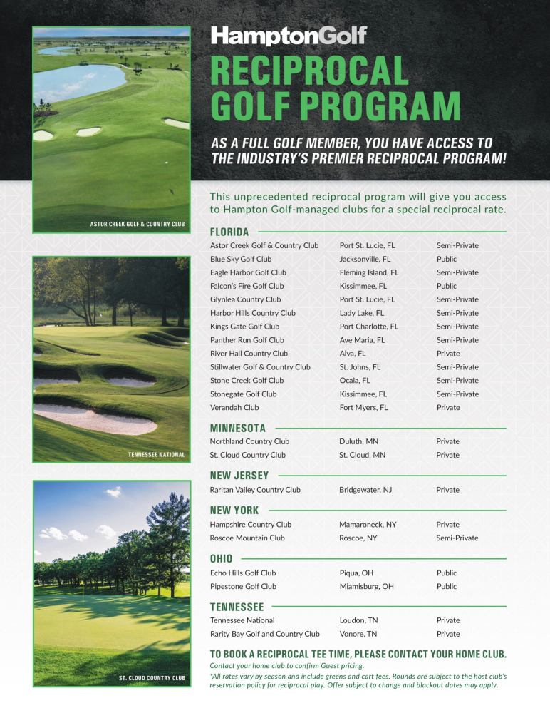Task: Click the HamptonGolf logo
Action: click(289, 36)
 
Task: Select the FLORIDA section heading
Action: click(229, 232)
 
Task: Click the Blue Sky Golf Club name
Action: click(241, 259)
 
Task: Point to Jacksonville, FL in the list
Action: click(365, 259)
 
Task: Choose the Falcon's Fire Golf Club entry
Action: click(247, 286)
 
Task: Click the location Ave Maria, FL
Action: click(362, 340)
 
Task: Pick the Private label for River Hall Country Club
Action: click(448, 354)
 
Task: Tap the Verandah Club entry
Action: click(234, 408)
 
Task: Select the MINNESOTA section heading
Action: click(238, 429)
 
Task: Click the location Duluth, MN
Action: click(358, 441)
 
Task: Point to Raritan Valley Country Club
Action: click(255, 490)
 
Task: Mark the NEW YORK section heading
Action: click(234, 511)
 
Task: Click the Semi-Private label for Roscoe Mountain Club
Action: click(457, 538)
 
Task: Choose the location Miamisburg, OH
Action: click(366, 586)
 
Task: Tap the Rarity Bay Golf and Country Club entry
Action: click(264, 634)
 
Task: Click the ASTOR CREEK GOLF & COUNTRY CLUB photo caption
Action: click(137, 224)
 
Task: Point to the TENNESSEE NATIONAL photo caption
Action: click(156, 454)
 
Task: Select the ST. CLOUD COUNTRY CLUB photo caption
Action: click(152, 677)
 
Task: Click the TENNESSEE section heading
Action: click(237, 607)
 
